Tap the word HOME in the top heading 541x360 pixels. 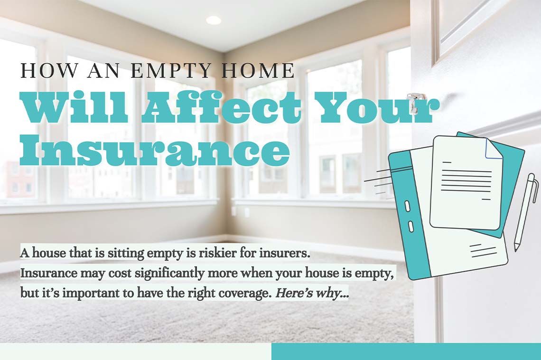[x=259, y=71]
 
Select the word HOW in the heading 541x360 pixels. [x=42, y=71]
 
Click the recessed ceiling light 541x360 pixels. [x=213, y=20]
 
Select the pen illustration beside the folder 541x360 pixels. [x=525, y=211]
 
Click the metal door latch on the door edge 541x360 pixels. [x=417, y=102]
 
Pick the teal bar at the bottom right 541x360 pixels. [x=406, y=351]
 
